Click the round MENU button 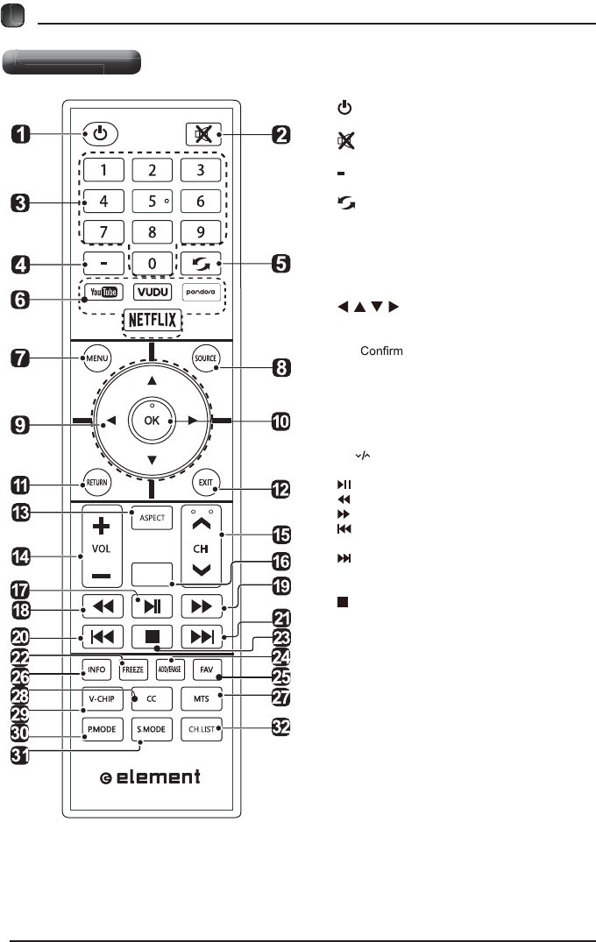point(95,358)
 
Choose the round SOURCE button point(206,358)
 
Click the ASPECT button point(151,517)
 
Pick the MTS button point(202,698)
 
